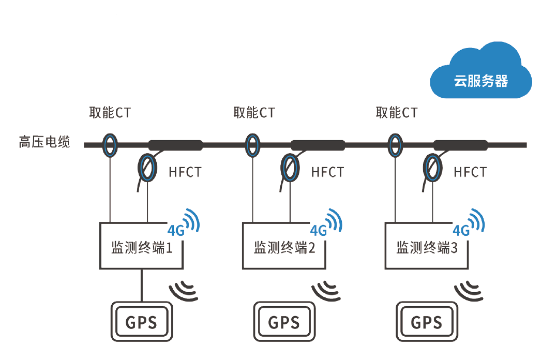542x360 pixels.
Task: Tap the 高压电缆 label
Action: click(44, 142)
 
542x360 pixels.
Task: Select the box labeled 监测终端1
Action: click(141, 246)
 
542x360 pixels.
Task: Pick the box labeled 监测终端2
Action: click(284, 246)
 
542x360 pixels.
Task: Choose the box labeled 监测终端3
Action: click(427, 246)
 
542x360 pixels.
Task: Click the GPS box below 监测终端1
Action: click(141, 322)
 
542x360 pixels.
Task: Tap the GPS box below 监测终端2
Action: click(284, 322)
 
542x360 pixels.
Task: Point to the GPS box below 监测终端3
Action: click(427, 322)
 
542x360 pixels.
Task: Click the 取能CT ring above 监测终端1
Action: click(110, 145)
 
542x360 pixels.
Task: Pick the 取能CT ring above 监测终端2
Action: click(252, 145)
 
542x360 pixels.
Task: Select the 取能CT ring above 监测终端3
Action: click(395, 145)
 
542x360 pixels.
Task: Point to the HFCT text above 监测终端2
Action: click(327, 172)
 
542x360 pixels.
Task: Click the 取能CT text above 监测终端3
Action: click(396, 112)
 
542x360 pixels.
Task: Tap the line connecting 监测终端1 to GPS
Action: click(141, 284)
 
